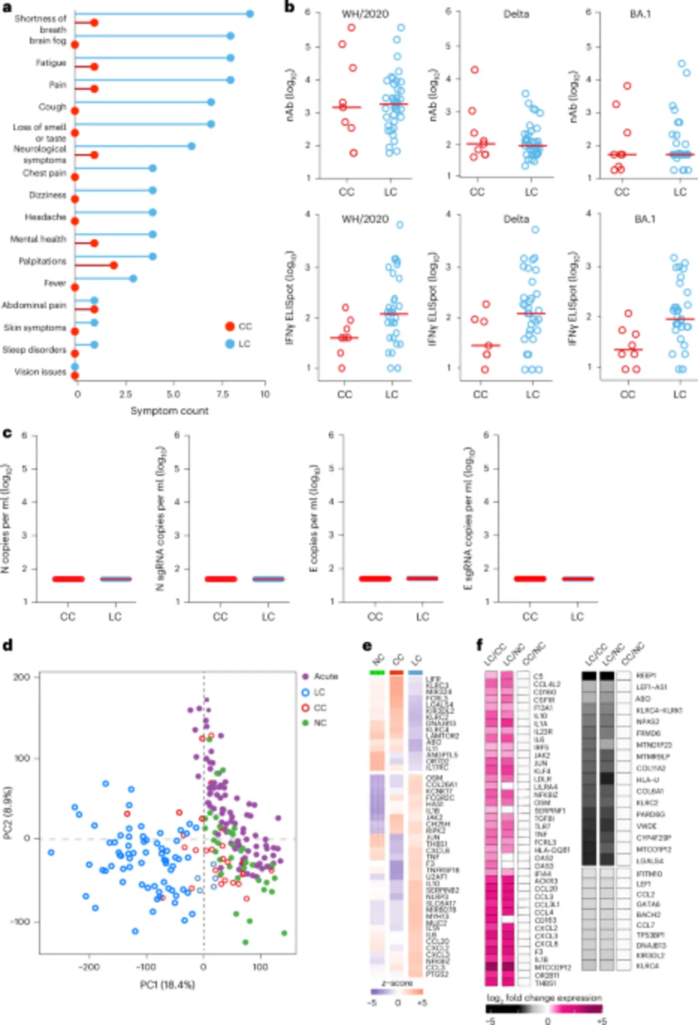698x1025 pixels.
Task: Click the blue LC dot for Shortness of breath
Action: tap(250, 14)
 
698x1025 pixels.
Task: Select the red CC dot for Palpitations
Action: tap(114, 265)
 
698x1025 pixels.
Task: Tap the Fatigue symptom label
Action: tap(50, 62)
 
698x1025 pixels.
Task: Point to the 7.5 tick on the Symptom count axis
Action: tap(222, 394)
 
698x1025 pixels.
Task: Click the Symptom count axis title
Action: tap(170, 411)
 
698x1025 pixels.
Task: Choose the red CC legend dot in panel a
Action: tap(230, 326)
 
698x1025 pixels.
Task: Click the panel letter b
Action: tap(289, 7)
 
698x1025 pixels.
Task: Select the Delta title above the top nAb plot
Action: tap(516, 14)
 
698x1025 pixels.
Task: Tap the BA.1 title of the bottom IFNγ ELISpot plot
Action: tap(644, 219)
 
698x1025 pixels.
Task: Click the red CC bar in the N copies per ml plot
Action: tap(68, 579)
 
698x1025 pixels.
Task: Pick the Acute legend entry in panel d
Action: tap(326, 676)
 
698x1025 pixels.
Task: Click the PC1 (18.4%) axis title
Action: tap(168, 985)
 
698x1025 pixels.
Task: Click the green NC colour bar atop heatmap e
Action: tap(377, 672)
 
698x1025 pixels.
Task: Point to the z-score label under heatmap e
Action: tap(397, 983)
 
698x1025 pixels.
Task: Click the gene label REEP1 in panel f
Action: tap(646, 676)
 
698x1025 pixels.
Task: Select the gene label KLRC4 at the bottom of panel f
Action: tap(647, 966)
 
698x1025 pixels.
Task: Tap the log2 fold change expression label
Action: tap(544, 998)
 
